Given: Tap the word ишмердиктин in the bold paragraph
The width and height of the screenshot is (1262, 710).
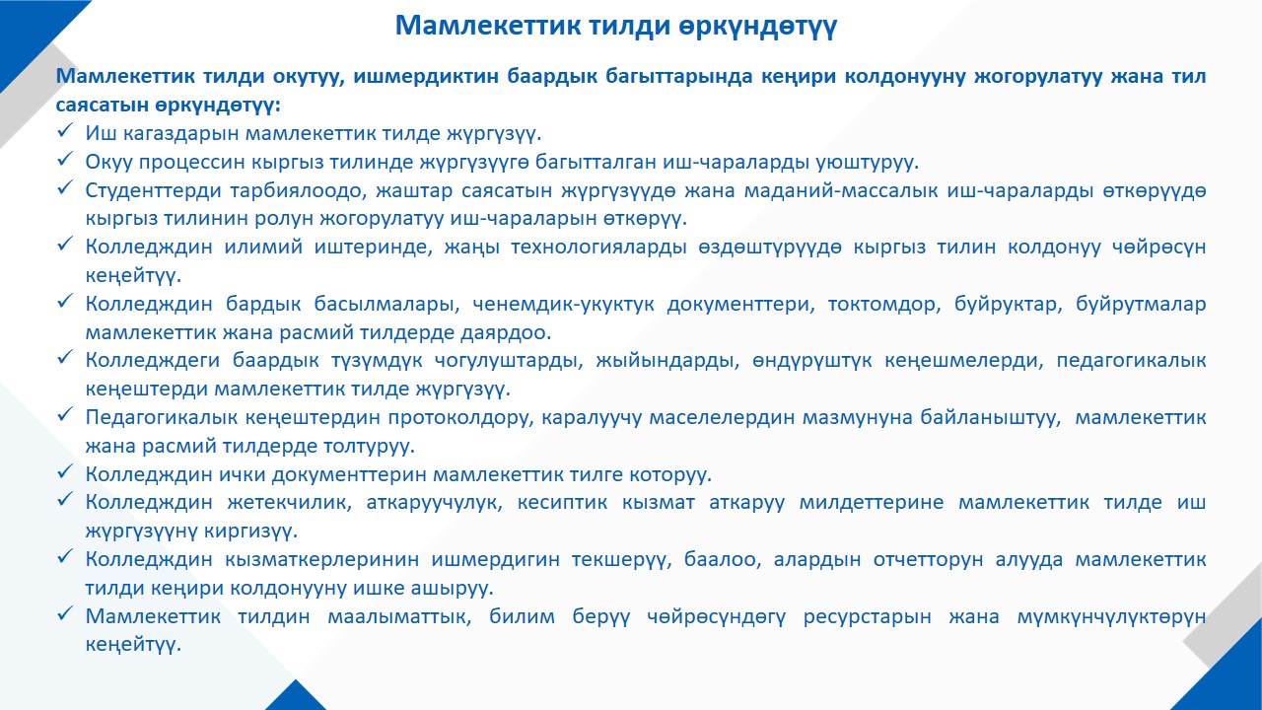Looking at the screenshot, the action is pos(425,76).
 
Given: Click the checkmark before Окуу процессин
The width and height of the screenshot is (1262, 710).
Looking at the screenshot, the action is pos(65,160).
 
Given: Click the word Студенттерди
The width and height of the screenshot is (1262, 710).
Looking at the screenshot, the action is pos(153,190).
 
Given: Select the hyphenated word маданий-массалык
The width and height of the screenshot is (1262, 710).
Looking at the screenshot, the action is pos(841,190).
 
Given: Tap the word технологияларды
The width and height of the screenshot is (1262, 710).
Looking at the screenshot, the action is pos(598,247).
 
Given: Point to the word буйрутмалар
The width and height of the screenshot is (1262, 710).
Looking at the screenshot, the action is pos(1141,304).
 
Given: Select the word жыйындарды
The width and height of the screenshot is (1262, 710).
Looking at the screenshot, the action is pos(667,361).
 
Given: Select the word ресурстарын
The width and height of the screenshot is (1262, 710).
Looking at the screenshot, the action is pos(867,616).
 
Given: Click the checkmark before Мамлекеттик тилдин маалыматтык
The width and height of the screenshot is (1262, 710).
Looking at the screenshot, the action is pos(65,613).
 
